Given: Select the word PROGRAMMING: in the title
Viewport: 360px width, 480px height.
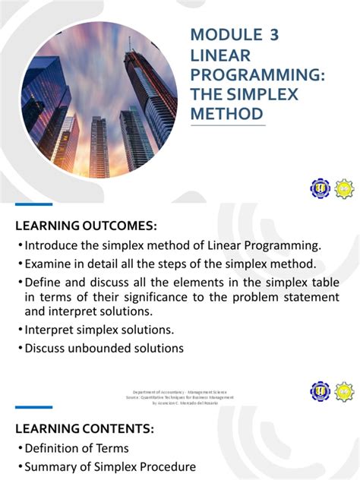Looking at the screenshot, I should point(257,74).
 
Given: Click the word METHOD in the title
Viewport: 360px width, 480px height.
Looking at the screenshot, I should point(227,114).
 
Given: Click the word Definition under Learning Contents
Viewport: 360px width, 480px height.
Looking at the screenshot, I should point(53,448).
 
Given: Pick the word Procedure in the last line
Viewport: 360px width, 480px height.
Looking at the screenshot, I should point(165,466).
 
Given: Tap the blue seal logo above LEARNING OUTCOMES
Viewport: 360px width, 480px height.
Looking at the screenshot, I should point(320,188).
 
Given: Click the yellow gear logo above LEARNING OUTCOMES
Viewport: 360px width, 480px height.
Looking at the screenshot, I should point(343,188).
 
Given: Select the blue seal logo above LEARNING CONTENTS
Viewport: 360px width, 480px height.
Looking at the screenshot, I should point(320,392).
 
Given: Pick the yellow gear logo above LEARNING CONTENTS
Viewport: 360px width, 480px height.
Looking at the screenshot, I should point(343,392).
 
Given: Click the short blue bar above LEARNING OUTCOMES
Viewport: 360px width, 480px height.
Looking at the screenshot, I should point(34,204).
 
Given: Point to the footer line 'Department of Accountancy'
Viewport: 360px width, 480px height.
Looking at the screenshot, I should point(182,391).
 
